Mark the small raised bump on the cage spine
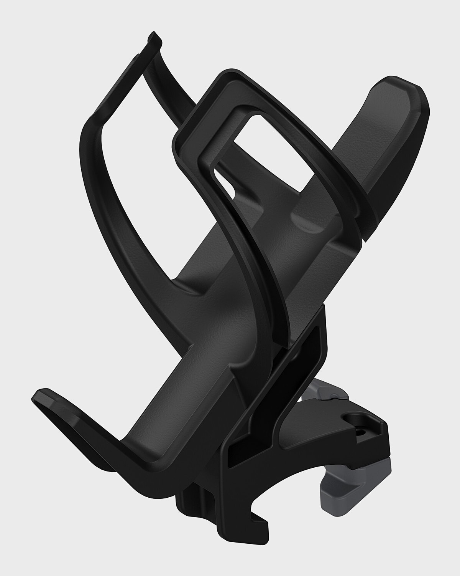(303, 223)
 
